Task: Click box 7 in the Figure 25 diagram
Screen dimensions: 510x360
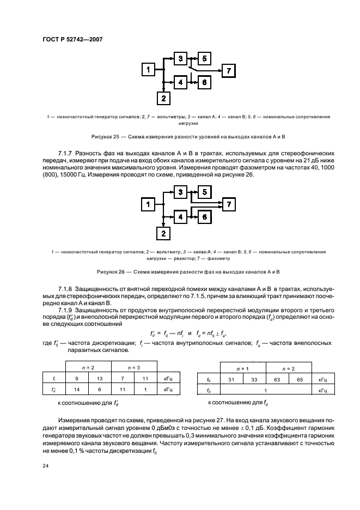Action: (229, 70)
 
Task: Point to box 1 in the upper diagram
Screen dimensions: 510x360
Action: (148, 69)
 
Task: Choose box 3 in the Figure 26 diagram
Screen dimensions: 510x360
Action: (180, 192)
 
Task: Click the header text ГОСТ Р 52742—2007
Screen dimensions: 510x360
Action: (72, 39)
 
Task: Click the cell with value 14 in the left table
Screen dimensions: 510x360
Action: (77, 390)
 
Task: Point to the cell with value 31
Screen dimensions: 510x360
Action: (231, 379)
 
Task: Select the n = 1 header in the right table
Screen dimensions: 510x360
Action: (242, 368)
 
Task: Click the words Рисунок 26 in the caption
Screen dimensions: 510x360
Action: (111, 271)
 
